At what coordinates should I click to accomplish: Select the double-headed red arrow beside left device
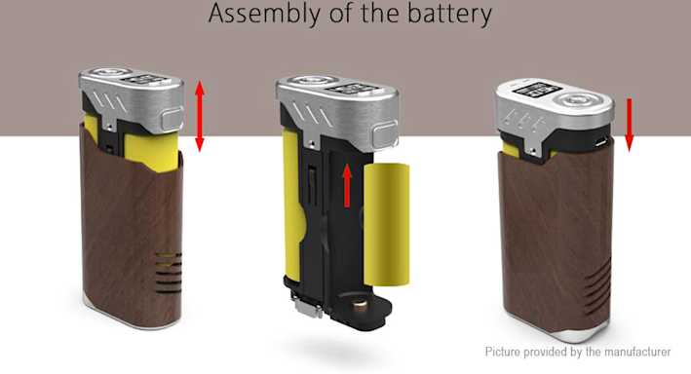point(200,116)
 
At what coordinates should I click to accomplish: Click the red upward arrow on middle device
point(347,185)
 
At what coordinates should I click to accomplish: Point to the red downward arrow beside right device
point(629,125)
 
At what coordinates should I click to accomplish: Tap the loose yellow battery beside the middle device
point(387,224)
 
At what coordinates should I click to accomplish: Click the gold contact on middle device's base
point(360,305)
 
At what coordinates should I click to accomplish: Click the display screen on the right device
point(537,92)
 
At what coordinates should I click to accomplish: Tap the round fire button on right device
point(575,101)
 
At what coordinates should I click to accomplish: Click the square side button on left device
point(173,119)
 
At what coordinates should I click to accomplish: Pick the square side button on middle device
point(385,135)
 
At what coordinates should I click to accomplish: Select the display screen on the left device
point(144,79)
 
